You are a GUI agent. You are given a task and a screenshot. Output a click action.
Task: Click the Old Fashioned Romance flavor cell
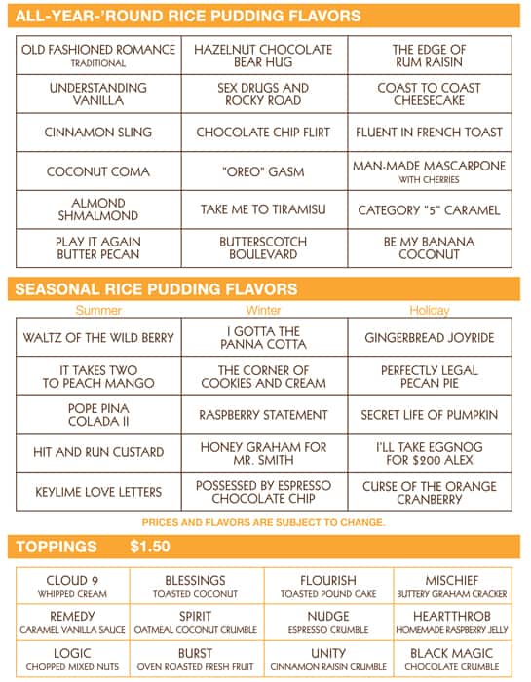[x=98, y=55]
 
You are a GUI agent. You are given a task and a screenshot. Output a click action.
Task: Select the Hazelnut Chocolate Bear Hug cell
[x=263, y=55]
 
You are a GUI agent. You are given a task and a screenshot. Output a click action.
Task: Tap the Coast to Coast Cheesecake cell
[x=429, y=94]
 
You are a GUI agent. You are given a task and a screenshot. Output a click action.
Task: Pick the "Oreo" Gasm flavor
[x=263, y=171]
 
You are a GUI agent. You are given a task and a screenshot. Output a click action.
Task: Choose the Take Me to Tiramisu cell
[x=263, y=209]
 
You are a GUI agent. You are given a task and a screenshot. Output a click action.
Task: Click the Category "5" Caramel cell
[x=429, y=209]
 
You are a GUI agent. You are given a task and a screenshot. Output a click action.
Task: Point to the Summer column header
[x=98, y=311]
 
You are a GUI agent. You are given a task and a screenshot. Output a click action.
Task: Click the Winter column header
[x=263, y=311]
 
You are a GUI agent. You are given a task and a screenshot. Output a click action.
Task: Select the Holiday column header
[x=429, y=311]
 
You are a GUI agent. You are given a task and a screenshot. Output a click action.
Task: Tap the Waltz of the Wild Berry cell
[x=98, y=338]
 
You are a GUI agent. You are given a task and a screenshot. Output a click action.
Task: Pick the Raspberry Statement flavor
[x=263, y=415]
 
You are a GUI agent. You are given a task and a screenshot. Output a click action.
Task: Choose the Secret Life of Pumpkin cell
[x=429, y=415]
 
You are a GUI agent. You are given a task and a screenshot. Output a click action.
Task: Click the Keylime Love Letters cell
[x=98, y=492]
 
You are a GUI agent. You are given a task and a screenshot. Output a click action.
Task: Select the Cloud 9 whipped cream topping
[x=75, y=586]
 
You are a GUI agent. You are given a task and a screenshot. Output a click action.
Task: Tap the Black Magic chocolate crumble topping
[x=451, y=660]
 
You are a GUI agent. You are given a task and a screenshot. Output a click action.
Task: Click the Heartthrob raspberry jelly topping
[x=451, y=623]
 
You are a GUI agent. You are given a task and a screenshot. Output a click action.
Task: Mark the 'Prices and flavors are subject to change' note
[x=263, y=522]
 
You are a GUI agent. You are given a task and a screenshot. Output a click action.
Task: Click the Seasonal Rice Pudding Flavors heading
[x=156, y=289]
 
